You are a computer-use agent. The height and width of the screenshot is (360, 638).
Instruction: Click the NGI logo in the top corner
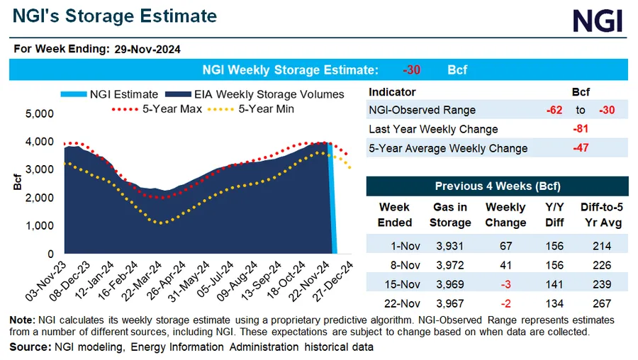tap(597, 21)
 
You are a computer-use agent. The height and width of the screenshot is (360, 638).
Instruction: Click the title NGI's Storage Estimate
tap(113, 16)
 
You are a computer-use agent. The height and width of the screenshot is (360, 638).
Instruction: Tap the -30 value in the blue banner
tap(412, 70)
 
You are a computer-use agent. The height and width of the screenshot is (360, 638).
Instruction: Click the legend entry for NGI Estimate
tap(118, 94)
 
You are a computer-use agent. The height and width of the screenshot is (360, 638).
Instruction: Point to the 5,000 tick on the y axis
tap(40, 113)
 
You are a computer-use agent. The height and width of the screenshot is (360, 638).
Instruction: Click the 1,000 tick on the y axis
tap(40, 225)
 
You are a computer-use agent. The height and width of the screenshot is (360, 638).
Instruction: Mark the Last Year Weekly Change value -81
tap(582, 129)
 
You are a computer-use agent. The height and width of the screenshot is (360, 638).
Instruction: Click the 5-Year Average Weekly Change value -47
tap(582, 148)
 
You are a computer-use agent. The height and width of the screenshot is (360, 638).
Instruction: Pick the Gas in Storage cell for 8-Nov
tap(449, 265)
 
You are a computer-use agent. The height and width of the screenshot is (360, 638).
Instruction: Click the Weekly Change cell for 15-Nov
tap(505, 284)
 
